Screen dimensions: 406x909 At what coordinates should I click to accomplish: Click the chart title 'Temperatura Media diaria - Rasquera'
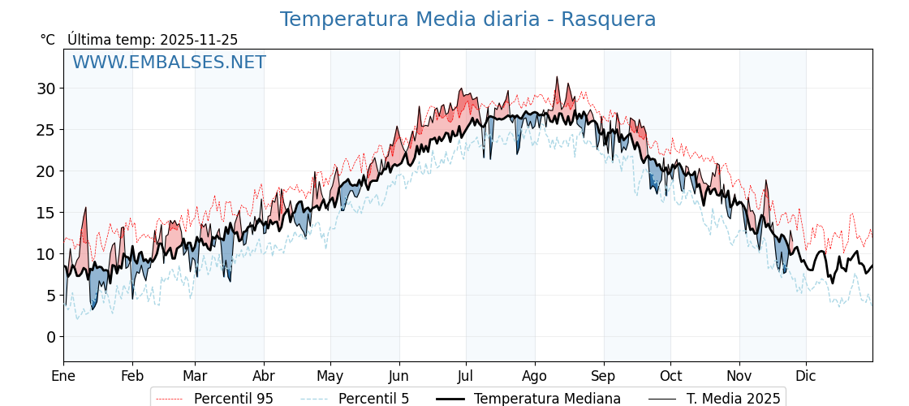(467, 19)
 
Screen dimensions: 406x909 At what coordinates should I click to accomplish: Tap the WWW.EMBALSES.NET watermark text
(169, 63)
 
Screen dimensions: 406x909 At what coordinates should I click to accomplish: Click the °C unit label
(47, 40)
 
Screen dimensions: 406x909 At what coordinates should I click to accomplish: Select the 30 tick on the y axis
(46, 89)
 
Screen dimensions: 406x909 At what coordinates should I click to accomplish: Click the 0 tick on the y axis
(51, 337)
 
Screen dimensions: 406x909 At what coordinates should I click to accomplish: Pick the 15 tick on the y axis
(46, 213)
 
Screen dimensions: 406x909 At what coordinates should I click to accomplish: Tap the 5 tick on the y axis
(51, 296)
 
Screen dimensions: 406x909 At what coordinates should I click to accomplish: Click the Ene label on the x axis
(63, 376)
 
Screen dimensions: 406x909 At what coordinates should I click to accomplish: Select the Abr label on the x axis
(264, 376)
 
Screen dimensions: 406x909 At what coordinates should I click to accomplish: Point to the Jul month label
(466, 376)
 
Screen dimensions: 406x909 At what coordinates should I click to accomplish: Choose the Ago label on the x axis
(535, 376)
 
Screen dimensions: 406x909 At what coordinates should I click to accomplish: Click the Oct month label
(670, 376)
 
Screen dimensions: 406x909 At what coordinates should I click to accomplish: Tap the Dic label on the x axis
(806, 376)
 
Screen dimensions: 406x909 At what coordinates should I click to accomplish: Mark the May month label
(330, 376)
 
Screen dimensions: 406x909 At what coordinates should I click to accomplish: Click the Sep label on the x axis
(604, 376)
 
